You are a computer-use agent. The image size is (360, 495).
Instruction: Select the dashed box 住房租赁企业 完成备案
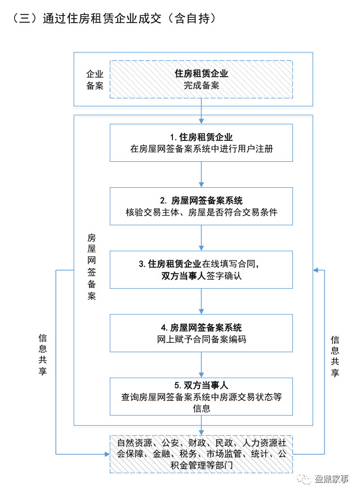pyautogui.click(x=201, y=79)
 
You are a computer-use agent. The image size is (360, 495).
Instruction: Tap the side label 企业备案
pyautogui.click(x=94, y=79)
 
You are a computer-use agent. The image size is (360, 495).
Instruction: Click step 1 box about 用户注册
pyautogui.click(x=201, y=143)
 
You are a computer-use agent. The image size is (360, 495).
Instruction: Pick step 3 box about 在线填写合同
pyautogui.click(x=201, y=269)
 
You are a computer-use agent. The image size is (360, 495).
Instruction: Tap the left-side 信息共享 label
pyautogui.click(x=42, y=355)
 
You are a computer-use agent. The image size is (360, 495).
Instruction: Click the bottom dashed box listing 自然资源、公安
pyautogui.click(x=201, y=453)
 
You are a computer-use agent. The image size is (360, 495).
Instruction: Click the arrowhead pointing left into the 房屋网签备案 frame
pyautogui.click(x=317, y=271)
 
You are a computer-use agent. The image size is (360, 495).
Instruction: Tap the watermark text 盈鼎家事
pyautogui.click(x=331, y=479)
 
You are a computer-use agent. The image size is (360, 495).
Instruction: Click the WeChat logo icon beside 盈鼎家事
pyautogui.click(x=305, y=479)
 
